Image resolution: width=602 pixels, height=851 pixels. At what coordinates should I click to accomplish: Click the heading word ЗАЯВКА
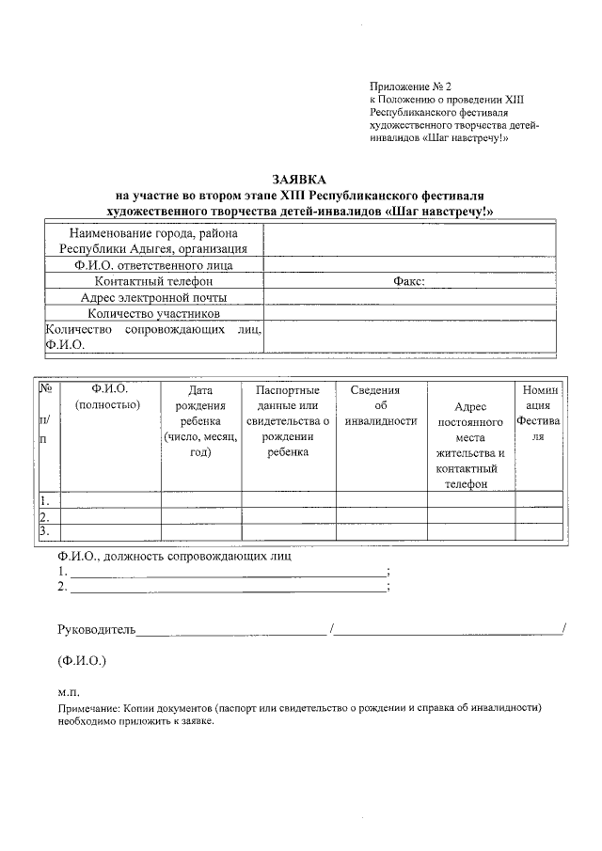coord(300,179)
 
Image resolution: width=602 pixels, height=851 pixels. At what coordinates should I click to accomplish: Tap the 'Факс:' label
coord(408,281)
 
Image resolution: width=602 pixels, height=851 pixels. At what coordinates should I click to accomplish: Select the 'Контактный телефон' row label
coord(154,281)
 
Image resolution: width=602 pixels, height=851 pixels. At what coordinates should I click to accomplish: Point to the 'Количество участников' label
coord(154,313)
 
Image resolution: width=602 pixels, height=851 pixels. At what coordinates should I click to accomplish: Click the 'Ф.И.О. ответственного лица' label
coord(154,265)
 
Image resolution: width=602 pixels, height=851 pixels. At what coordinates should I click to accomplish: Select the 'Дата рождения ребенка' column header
coord(199,420)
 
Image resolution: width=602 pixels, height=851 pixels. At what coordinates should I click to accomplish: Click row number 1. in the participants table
coord(44,499)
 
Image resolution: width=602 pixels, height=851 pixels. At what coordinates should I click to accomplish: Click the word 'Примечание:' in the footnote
coord(87,707)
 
